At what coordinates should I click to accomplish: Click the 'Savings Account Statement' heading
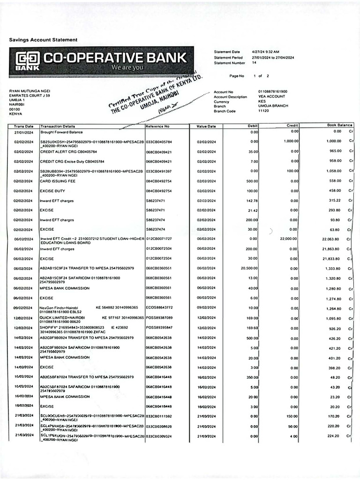click(x=44, y=40)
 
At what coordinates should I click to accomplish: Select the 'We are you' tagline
click(x=127, y=68)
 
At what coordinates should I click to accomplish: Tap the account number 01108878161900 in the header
click(x=272, y=92)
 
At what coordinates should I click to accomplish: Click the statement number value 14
click(x=254, y=62)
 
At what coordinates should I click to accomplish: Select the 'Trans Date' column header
click(x=23, y=126)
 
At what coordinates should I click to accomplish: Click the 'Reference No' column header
click(x=157, y=126)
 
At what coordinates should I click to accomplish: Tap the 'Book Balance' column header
click(x=339, y=125)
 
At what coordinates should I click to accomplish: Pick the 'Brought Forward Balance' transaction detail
click(x=61, y=132)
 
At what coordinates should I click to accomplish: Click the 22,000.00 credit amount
click(x=288, y=239)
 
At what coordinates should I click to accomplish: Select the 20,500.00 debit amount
click(x=249, y=269)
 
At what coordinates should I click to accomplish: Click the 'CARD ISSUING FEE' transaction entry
click(x=55, y=181)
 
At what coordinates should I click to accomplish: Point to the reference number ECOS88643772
click(x=159, y=307)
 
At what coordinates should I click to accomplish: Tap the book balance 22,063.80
click(x=331, y=239)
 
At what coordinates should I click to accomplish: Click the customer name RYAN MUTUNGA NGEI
click(x=30, y=91)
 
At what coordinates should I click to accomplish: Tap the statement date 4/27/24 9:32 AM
click(x=265, y=52)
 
